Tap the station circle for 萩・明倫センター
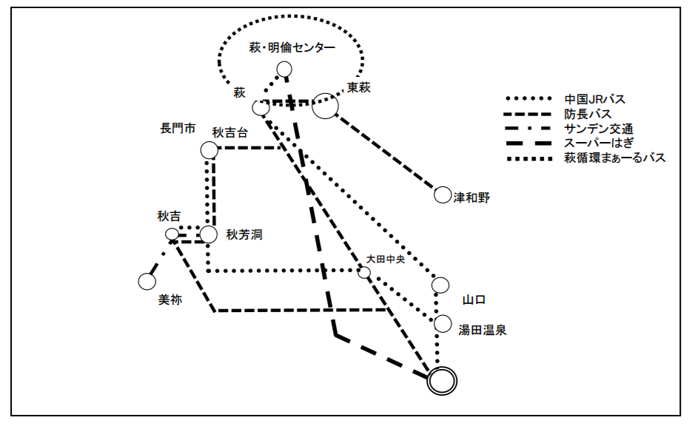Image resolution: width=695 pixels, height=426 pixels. click(284, 70)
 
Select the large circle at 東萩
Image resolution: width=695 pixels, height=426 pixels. click(325, 106)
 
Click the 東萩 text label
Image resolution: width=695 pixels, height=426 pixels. click(359, 88)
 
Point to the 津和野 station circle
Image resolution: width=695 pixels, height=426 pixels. click(442, 195)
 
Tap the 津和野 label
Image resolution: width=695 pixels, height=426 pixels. click(471, 197)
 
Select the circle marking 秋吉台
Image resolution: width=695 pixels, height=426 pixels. click(209, 150)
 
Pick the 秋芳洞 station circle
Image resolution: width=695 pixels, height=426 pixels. click(209, 234)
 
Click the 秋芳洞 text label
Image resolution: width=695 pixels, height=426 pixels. click(244, 235)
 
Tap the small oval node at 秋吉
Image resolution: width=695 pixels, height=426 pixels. click(172, 234)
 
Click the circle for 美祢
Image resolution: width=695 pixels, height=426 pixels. click(146, 281)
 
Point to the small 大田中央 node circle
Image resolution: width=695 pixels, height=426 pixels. click(364, 272)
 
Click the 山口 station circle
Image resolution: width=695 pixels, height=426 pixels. click(440, 285)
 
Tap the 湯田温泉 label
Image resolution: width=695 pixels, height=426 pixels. click(482, 331)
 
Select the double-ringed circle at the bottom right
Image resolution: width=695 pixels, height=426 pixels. click(442, 381)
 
